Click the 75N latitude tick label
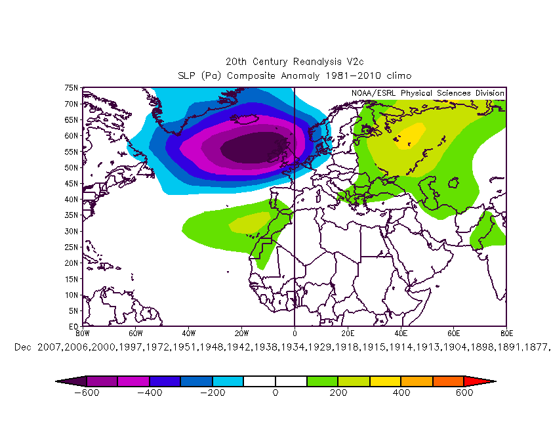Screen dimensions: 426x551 pyautogui.click(x=70, y=87)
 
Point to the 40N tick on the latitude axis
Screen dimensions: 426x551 pyautogui.click(x=70, y=199)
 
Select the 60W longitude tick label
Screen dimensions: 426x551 pyautogui.click(x=135, y=333)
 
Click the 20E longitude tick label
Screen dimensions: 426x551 pyautogui.click(x=348, y=333)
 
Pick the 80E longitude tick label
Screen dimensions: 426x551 pyautogui.click(x=506, y=333)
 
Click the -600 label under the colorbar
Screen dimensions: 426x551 pyautogui.click(x=85, y=393)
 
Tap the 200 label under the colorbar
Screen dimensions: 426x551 pyautogui.click(x=338, y=393)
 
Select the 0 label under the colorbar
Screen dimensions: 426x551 pyautogui.click(x=275, y=393)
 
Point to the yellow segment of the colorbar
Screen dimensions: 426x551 pyautogui.click(x=385, y=381)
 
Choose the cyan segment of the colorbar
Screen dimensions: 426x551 pyautogui.click(x=227, y=381)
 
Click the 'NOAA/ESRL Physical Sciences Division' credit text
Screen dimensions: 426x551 pyautogui.click(x=427, y=93)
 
